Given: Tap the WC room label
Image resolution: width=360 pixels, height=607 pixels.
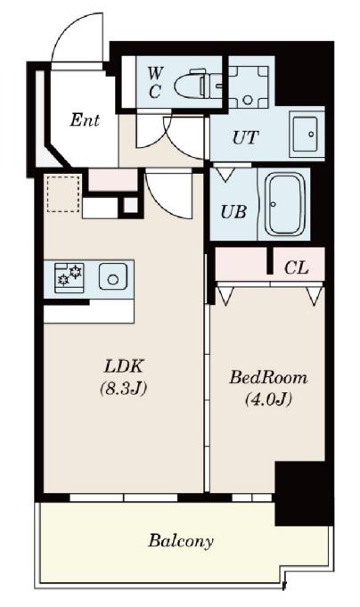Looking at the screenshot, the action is (155, 82).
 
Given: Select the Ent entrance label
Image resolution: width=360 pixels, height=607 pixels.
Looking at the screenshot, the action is (85, 120).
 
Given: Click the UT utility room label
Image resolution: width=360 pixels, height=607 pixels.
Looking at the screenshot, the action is (245, 137).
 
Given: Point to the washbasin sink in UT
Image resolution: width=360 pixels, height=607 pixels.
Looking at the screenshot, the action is (306, 134).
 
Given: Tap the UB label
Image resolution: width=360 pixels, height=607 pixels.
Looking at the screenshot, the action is (233, 212).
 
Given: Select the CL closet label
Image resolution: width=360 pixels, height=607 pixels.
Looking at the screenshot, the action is (296, 267).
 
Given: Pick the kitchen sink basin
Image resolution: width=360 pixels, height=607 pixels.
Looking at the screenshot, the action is (112, 276).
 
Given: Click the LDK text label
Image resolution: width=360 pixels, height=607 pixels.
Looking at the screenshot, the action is (124, 366).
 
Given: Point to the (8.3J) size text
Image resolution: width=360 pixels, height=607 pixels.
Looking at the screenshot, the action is (124, 389).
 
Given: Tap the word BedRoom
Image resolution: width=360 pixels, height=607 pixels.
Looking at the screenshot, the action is (268, 377).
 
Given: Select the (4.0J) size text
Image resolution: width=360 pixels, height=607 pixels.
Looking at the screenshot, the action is (268, 399).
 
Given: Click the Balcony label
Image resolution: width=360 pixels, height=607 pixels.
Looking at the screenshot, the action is (181, 541).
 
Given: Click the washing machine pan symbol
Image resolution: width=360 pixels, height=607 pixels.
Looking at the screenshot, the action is (248, 86).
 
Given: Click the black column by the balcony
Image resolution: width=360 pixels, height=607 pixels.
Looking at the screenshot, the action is (304, 493).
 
